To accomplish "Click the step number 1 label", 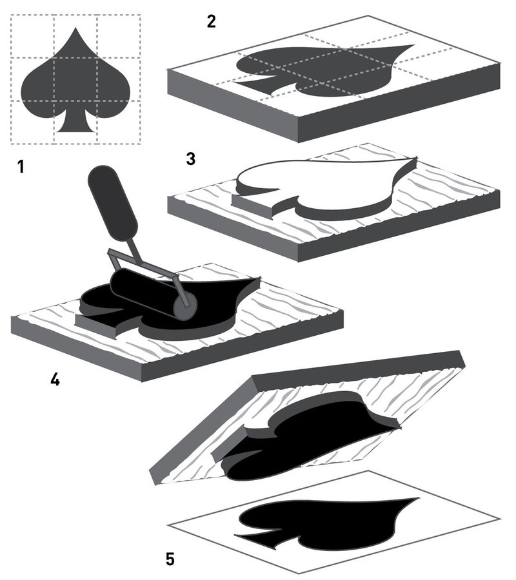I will coord(21,167).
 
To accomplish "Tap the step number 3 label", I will coord(190,159).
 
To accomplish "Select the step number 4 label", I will coord(55,380).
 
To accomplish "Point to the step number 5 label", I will coord(170,558).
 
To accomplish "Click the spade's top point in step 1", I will coord(75,29).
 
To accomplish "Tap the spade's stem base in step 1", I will coord(75,129).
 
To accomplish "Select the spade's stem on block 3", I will coord(255,201).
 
